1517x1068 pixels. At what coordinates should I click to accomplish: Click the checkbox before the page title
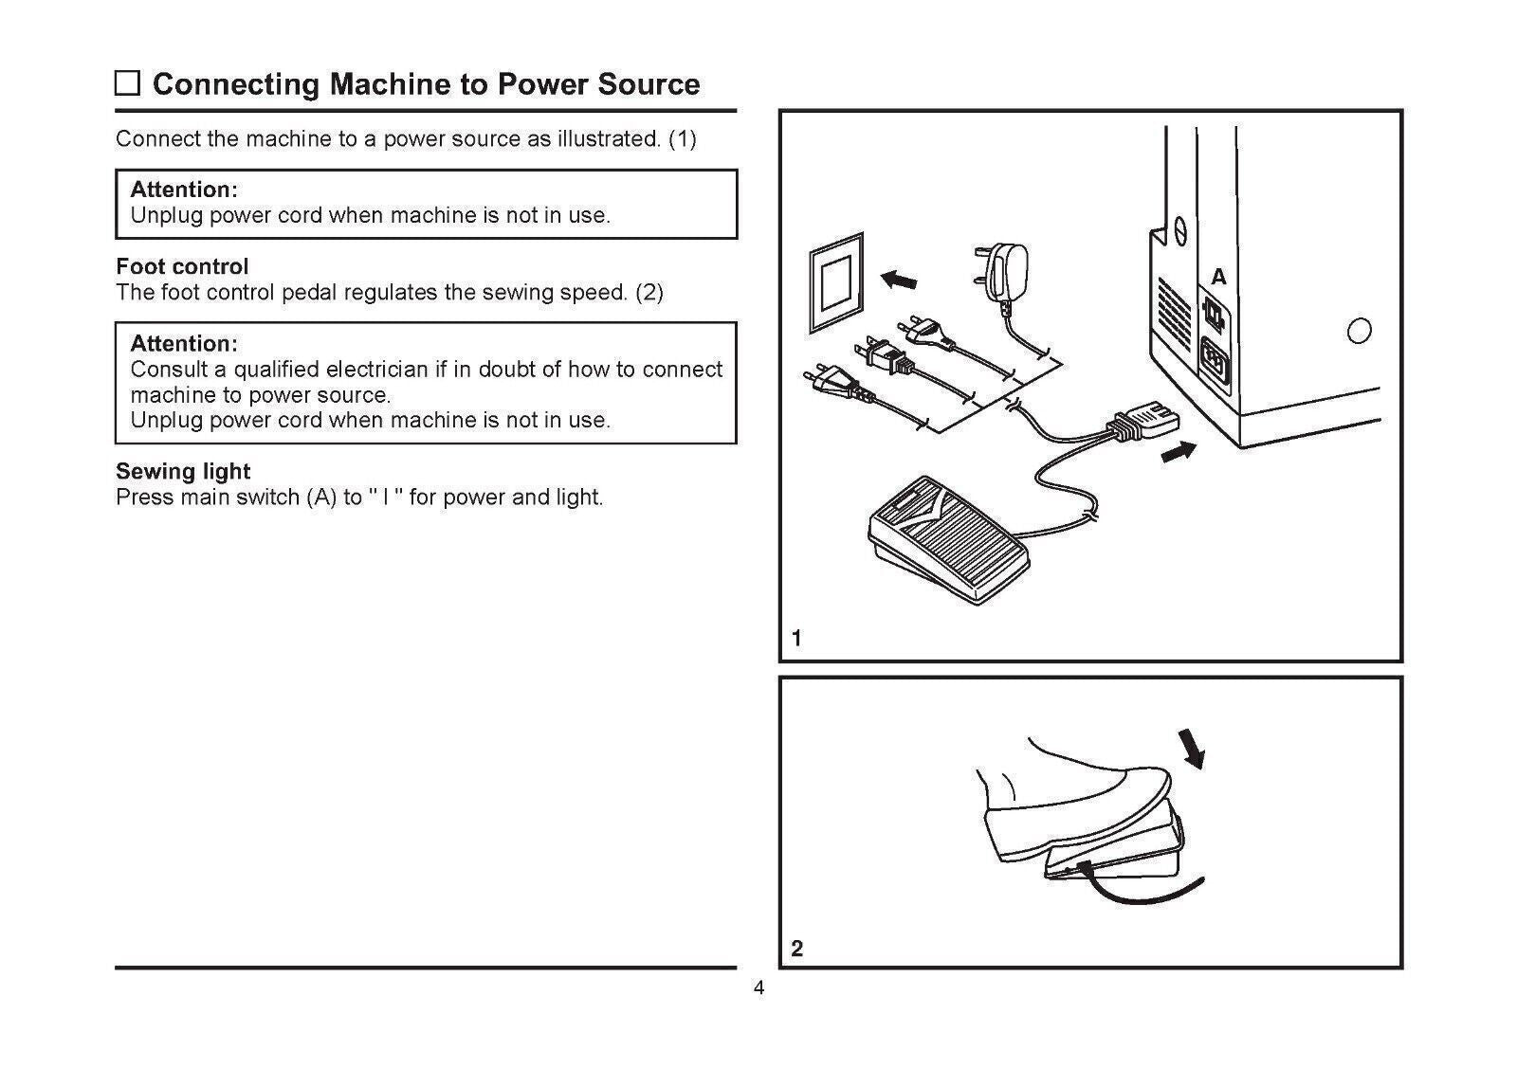(x=127, y=83)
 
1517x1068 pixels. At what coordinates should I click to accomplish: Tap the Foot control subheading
(x=182, y=266)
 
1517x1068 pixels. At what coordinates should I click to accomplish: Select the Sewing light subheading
(x=183, y=471)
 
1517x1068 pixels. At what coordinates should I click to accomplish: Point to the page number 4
(x=758, y=989)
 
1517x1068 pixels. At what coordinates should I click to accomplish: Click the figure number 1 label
(x=796, y=638)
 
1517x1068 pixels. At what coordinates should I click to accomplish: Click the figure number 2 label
(x=796, y=948)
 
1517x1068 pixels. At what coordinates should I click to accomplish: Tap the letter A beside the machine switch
(x=1218, y=277)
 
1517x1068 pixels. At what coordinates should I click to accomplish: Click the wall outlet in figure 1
(x=836, y=282)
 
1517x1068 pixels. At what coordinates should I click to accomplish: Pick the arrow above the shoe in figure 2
(x=1193, y=748)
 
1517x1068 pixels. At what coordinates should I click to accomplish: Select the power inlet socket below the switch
(x=1215, y=362)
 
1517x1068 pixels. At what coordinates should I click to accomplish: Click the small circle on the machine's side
(x=1359, y=331)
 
